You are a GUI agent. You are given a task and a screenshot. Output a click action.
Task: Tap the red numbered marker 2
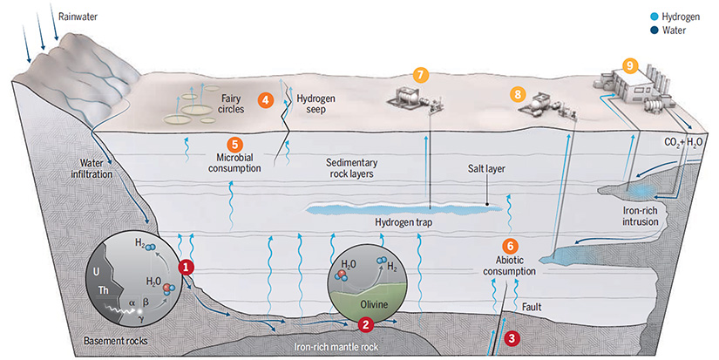click(367, 325)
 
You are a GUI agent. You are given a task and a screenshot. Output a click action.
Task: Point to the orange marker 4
click(266, 100)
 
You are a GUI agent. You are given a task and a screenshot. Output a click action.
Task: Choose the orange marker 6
click(511, 247)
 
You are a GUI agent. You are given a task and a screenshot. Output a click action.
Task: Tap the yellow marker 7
click(421, 75)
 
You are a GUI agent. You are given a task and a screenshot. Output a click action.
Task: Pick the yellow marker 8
click(519, 92)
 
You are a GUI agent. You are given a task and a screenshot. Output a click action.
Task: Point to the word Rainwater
click(79, 17)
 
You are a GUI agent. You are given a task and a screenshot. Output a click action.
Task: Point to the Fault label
click(532, 308)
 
